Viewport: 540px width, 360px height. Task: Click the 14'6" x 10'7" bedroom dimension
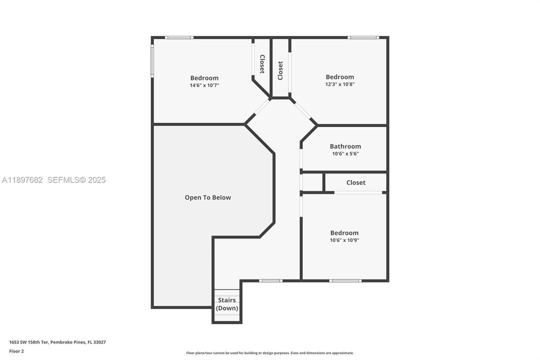click(x=204, y=85)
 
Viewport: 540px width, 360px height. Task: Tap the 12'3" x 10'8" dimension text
click(x=340, y=84)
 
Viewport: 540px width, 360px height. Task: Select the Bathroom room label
click(x=345, y=146)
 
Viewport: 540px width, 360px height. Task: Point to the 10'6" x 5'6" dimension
click(x=345, y=153)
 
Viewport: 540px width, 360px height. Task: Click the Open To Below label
click(x=208, y=197)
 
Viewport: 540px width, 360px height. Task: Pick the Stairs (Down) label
click(x=227, y=304)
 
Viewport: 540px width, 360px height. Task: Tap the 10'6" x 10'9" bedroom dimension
click(x=344, y=240)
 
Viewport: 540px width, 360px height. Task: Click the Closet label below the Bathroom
click(x=356, y=182)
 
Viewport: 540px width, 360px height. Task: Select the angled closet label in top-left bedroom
click(x=262, y=64)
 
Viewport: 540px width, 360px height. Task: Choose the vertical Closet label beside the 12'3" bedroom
click(x=280, y=70)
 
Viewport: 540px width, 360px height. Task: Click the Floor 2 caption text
click(x=16, y=351)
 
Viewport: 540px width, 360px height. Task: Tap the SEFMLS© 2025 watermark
click(x=76, y=180)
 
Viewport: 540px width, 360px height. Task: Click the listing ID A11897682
click(x=22, y=180)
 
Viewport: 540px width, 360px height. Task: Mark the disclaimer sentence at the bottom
click(x=270, y=353)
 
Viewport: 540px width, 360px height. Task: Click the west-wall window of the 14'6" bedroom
click(x=152, y=61)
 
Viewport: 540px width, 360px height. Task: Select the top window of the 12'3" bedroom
click(x=363, y=37)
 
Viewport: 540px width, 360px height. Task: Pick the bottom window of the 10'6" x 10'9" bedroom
click(x=345, y=280)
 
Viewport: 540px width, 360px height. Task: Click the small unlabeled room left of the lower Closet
click(x=312, y=182)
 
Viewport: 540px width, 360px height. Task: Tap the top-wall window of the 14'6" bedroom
click(x=179, y=37)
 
